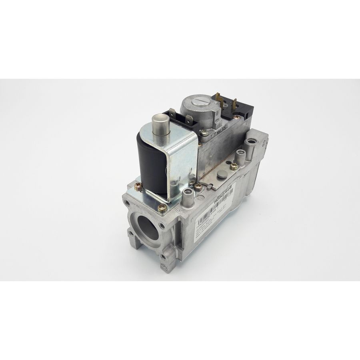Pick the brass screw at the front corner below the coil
pos(162,207)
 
